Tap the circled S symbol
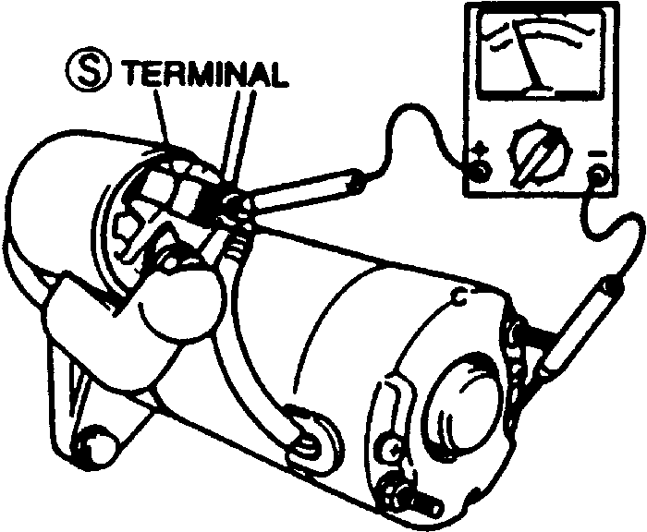pyautogui.click(x=90, y=71)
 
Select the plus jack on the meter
pyautogui.click(x=479, y=172)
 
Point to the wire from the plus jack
pyautogui.click(x=407, y=139)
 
